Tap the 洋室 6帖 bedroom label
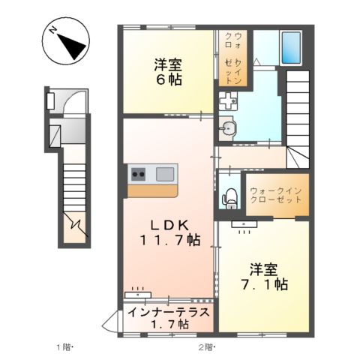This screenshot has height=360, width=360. tap(167, 71)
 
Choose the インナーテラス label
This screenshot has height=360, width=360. tap(167, 313)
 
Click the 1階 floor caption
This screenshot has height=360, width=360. tap(64, 346)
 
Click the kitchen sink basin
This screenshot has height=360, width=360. tap(165, 175)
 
